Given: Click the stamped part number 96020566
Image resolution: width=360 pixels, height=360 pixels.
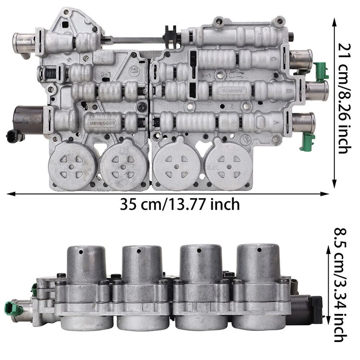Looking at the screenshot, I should click(x=102, y=123).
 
